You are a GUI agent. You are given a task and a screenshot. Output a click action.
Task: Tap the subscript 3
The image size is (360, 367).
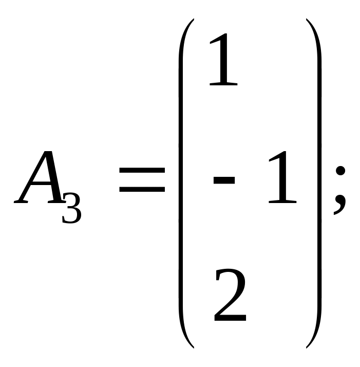(x=72, y=209)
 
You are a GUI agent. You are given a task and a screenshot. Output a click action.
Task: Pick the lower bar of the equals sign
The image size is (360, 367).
(x=142, y=190)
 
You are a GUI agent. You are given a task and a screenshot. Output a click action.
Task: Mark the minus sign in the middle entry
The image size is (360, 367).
(x=224, y=180)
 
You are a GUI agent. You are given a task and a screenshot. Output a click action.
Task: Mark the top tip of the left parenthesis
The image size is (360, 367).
(x=193, y=20)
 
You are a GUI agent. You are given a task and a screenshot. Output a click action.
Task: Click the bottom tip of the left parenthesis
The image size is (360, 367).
(x=193, y=347)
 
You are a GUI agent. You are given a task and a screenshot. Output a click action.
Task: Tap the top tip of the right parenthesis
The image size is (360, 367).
(x=307, y=20)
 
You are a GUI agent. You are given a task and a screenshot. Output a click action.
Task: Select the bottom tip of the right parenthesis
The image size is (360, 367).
(x=307, y=347)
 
